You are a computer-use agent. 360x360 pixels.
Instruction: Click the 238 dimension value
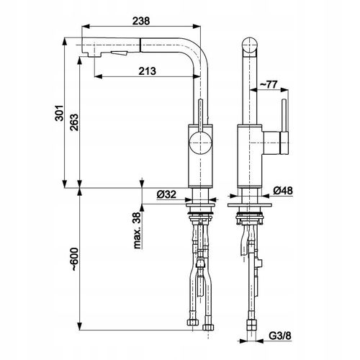(x=141, y=21)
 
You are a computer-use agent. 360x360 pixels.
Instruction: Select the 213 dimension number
(x=147, y=71)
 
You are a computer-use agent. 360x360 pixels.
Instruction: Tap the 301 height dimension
(x=59, y=112)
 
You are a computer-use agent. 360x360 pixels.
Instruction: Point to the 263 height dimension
(x=74, y=122)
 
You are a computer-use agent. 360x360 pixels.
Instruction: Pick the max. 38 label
(x=138, y=230)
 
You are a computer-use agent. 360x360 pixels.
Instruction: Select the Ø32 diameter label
(x=166, y=194)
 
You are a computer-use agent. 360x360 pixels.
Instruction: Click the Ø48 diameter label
(x=283, y=191)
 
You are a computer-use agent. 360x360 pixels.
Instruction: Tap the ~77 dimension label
(x=269, y=84)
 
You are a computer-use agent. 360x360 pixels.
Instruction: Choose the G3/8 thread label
(x=280, y=336)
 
